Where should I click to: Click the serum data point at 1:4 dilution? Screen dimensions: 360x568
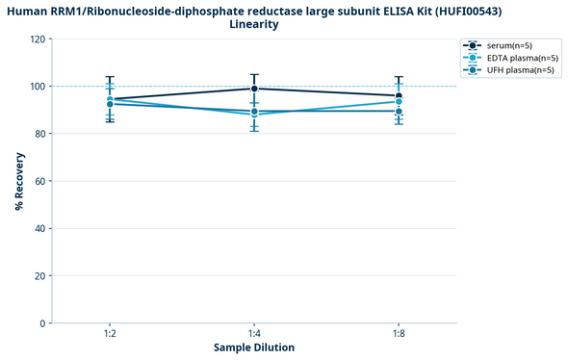pos(254,89)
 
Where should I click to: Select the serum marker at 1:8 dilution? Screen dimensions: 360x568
pos(399,95)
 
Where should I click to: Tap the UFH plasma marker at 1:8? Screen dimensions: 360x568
pos(399,111)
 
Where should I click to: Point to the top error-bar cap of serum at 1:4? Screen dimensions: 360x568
pos(254,74)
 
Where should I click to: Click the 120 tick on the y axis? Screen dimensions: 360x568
pos(37,39)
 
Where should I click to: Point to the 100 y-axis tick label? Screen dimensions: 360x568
pos(37,87)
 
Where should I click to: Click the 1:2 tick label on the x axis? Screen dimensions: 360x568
pos(110,333)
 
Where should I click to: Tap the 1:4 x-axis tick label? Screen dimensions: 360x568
pos(254,333)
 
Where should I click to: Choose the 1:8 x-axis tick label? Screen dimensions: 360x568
pos(399,333)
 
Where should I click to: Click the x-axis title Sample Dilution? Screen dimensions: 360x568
pos(254,347)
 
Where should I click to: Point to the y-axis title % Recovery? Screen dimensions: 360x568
pos(18,181)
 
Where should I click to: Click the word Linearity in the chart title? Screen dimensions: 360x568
pos(254,24)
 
